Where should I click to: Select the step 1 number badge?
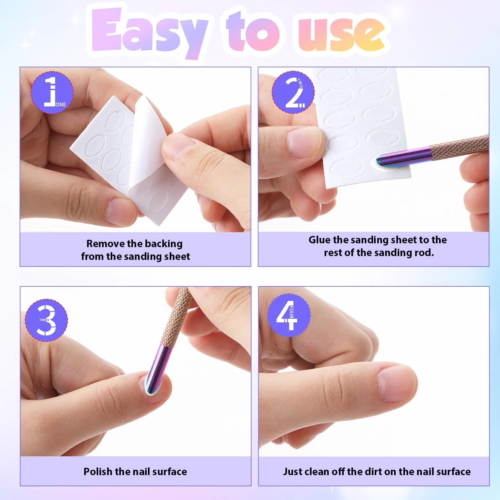(x=52, y=92)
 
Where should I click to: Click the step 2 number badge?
(x=293, y=92)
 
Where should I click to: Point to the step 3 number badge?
(x=46, y=320)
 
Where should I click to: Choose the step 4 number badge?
(x=289, y=315)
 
